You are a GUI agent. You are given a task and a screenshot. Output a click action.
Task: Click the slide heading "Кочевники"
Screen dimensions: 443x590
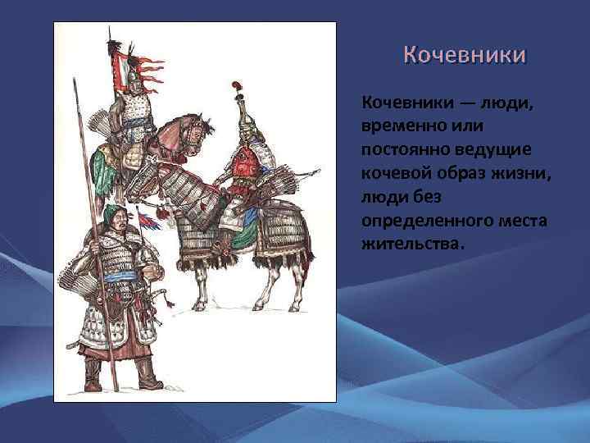pos(465,57)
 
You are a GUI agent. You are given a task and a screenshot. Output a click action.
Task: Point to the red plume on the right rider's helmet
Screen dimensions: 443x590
pos(237,86)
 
